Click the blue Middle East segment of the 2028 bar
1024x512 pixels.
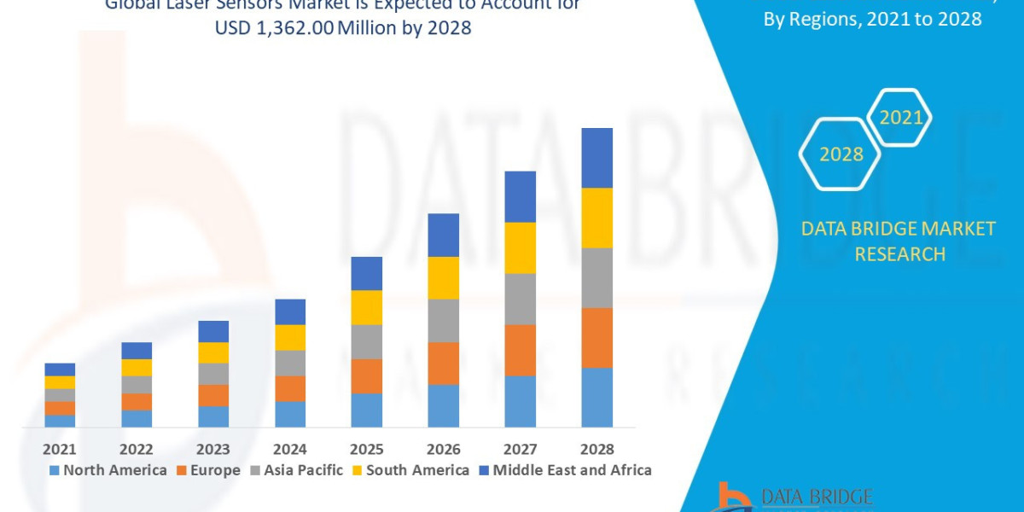(597, 158)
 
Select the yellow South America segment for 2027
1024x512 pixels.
(521, 247)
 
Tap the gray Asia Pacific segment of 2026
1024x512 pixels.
(444, 321)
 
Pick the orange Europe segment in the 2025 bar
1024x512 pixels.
(367, 376)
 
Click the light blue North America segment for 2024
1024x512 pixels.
(290, 414)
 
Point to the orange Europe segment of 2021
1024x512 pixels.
(60, 408)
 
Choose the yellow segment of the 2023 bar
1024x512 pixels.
(213, 352)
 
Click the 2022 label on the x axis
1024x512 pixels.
(137, 449)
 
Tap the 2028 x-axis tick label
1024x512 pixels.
(597, 449)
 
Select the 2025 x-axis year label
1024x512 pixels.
(367, 449)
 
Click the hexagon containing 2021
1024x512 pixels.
(900, 118)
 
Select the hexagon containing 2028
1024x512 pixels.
(841, 154)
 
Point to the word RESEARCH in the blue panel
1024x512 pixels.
(899, 254)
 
